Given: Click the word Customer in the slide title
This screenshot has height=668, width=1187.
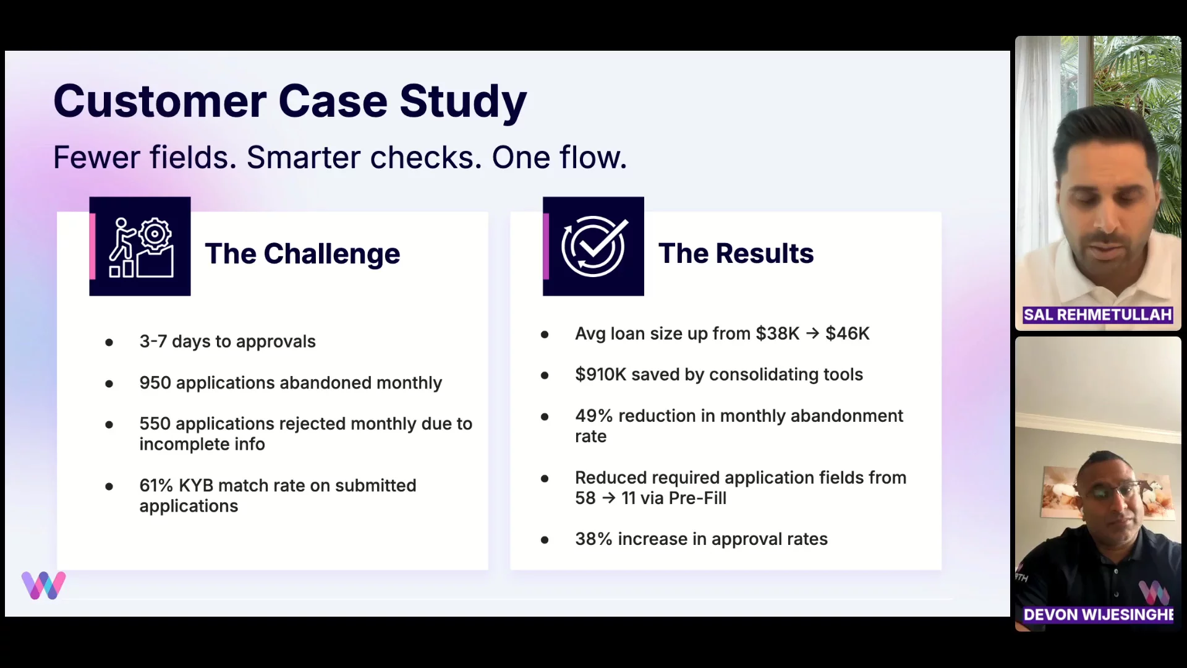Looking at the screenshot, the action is (x=160, y=101).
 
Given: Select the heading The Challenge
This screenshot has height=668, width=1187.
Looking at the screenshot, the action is (x=302, y=254).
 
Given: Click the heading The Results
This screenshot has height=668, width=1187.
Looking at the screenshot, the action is (x=736, y=254).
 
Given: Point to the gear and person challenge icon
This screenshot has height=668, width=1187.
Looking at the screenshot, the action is (x=140, y=246).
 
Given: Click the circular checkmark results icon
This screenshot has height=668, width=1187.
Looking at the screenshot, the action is (x=593, y=246).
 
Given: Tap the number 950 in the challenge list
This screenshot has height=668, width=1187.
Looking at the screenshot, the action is (x=155, y=383).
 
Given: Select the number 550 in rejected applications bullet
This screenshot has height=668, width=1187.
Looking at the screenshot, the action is (x=155, y=424).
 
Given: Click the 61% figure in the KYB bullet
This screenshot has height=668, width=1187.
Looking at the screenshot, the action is (x=156, y=486).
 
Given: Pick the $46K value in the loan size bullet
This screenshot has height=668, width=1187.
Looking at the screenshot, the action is (x=848, y=333).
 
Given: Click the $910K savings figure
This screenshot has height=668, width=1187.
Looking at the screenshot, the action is (x=600, y=374).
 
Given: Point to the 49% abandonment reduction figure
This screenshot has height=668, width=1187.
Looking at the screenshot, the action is (x=593, y=416).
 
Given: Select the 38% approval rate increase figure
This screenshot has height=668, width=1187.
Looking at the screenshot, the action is (x=593, y=539).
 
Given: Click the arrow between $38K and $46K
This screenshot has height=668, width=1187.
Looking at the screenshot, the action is (x=812, y=333).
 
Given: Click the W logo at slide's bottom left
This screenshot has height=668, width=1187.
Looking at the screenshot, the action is (x=43, y=585).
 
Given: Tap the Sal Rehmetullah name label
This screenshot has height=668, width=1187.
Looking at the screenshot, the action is (x=1097, y=315).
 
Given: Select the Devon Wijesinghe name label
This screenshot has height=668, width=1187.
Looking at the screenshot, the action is (x=1099, y=614).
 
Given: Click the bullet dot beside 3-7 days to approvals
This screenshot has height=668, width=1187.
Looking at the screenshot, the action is (x=109, y=342).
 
